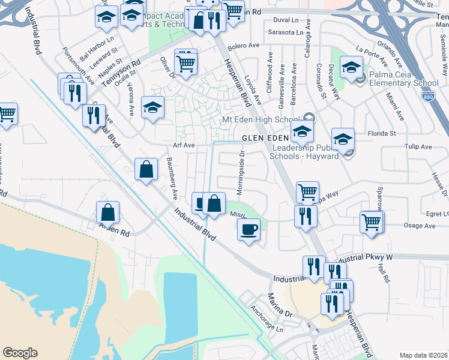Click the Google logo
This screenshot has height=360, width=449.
pyautogui.click(x=20, y=353)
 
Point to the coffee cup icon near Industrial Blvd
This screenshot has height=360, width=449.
pyautogui.click(x=249, y=229)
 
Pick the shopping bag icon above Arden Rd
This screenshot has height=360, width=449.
pyautogui.click(x=107, y=212)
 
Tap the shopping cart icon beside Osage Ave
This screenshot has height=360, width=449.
pyautogui.click(x=372, y=222)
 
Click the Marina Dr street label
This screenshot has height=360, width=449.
pyautogui.click(x=280, y=305)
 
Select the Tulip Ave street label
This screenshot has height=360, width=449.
pyautogui.click(x=418, y=146)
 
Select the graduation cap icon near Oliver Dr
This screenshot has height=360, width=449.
pyautogui.click(x=152, y=107)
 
